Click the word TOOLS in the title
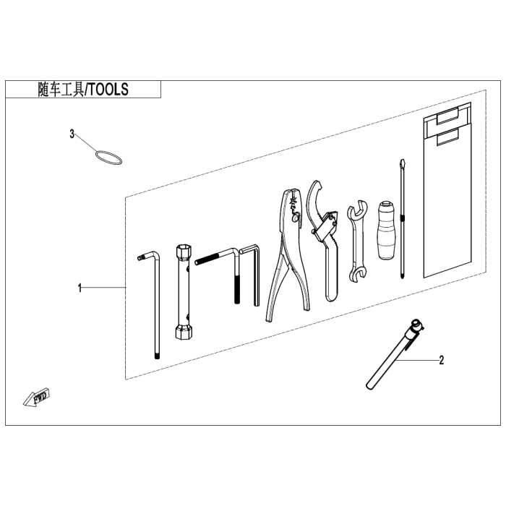(108, 90)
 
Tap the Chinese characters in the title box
(61, 90)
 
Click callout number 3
(72, 134)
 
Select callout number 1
(80, 288)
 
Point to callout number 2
(442, 360)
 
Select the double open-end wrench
(358, 242)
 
